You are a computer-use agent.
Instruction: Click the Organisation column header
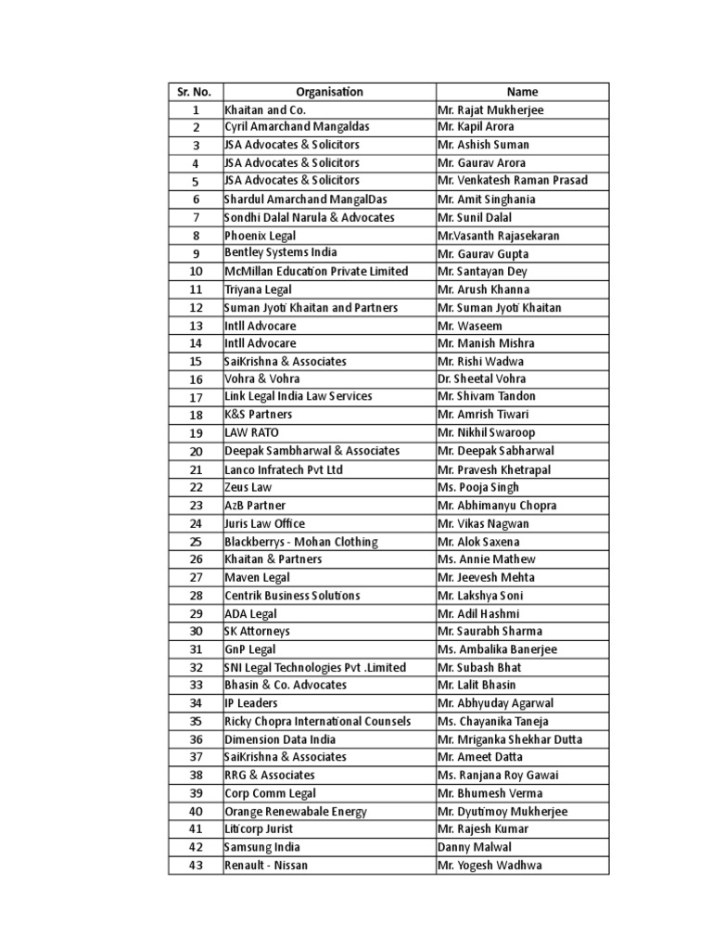329,92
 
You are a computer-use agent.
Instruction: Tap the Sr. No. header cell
195,92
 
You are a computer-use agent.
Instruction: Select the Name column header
522,92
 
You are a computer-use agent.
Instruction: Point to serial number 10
196,272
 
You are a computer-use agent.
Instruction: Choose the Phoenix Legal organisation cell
261,236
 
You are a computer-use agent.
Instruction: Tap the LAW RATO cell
251,433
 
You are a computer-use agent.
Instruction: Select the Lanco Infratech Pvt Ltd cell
284,469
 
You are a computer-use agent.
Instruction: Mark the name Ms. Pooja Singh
478,487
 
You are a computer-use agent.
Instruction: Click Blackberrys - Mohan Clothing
301,542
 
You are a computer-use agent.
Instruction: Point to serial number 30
196,632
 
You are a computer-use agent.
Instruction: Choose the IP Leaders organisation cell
251,703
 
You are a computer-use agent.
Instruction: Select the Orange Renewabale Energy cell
296,812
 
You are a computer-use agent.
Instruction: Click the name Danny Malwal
473,847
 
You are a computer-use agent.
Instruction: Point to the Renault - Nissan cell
266,866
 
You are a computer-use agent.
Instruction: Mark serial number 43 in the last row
196,866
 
